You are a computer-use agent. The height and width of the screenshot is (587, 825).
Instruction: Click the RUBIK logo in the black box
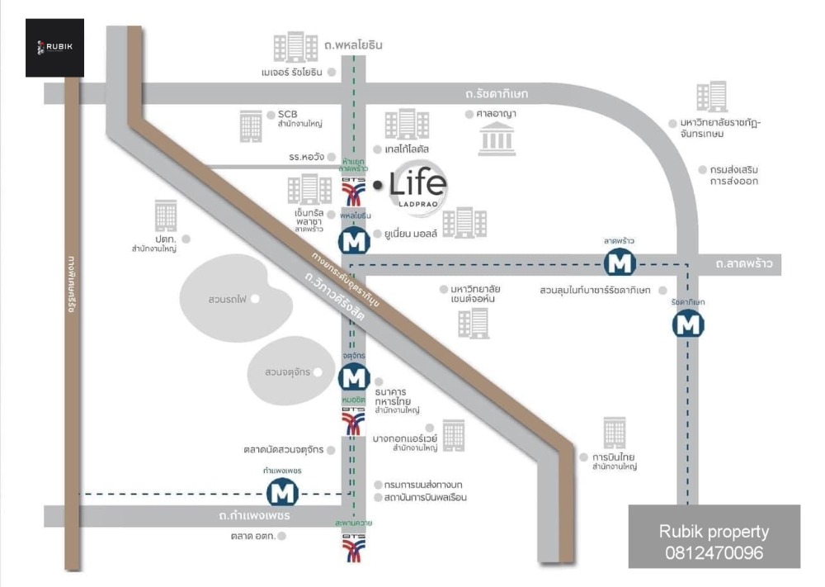point(54,47)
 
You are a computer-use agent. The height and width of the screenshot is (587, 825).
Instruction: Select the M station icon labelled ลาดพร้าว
point(619,263)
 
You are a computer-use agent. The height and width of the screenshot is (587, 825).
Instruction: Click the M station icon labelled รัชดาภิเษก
point(688,325)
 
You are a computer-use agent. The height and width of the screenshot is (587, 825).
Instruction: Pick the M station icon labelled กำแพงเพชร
point(282,493)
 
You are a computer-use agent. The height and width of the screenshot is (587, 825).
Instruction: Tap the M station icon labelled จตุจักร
point(354,378)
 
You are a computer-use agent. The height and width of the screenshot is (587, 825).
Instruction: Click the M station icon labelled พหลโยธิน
point(354,242)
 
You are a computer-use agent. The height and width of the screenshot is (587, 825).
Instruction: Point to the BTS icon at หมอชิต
point(353,424)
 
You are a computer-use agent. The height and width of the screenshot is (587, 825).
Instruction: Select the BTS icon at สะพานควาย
point(353,547)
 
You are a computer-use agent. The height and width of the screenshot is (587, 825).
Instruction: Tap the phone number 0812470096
point(714,552)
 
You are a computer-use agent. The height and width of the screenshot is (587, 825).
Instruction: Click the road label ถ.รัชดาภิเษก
point(496,94)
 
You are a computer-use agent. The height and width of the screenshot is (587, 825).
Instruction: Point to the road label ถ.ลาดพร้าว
point(744,264)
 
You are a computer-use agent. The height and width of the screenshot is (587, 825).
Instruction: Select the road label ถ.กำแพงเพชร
point(255,516)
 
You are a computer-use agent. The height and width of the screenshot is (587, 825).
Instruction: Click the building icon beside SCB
point(251,125)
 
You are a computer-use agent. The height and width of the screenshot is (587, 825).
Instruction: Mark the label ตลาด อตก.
point(253,536)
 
